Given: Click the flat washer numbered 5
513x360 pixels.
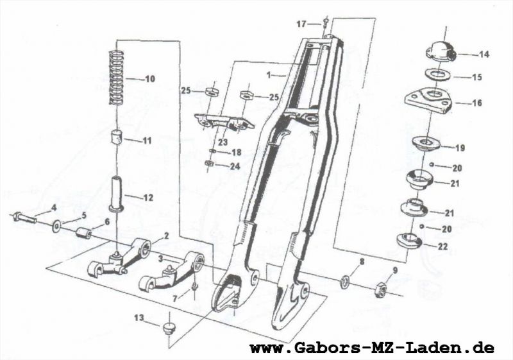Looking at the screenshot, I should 58,225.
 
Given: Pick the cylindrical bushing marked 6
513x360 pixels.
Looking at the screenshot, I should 82,232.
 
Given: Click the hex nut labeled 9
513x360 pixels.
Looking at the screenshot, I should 380,289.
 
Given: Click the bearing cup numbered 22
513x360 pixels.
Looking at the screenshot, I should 408,241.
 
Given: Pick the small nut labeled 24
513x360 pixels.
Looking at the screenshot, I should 208,164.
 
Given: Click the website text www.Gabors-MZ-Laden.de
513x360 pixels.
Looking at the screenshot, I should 372,348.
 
